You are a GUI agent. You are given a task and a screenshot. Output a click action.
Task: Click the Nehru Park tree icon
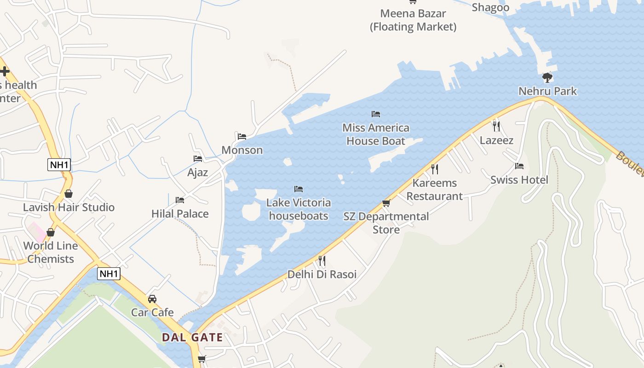[x=547, y=77]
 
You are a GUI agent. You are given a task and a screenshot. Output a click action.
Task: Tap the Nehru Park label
[x=547, y=91]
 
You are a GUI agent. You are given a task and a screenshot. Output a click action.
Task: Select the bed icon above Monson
[x=242, y=137]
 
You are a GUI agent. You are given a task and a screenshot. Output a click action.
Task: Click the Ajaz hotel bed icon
[x=198, y=159]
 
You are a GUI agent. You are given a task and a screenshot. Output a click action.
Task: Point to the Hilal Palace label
[x=180, y=213]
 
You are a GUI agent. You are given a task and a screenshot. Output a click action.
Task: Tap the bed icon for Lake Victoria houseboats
[x=299, y=189]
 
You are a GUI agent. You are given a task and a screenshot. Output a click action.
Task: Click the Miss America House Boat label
[x=376, y=134]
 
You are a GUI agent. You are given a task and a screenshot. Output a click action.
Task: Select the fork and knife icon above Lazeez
[x=496, y=126]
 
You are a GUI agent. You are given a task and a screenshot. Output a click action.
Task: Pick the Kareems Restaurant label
[x=435, y=190]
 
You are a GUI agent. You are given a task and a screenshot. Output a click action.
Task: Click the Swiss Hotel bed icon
[x=519, y=166]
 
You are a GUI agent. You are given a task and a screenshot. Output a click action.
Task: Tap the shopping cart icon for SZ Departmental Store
[x=386, y=203]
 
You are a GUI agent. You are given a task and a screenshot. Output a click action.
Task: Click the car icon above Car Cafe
[x=152, y=299]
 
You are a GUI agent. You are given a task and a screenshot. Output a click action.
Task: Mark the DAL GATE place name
[x=192, y=337]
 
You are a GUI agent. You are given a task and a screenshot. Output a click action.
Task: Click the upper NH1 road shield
[x=58, y=164]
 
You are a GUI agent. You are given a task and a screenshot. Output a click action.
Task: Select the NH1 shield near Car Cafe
[x=109, y=274]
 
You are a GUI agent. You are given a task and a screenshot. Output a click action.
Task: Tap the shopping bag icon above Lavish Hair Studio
[x=69, y=194]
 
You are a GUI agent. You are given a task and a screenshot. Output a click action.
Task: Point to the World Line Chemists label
[x=51, y=252]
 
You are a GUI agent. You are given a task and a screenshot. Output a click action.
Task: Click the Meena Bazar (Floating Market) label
[x=413, y=20]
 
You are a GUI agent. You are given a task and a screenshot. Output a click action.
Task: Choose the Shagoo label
[x=490, y=7]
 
